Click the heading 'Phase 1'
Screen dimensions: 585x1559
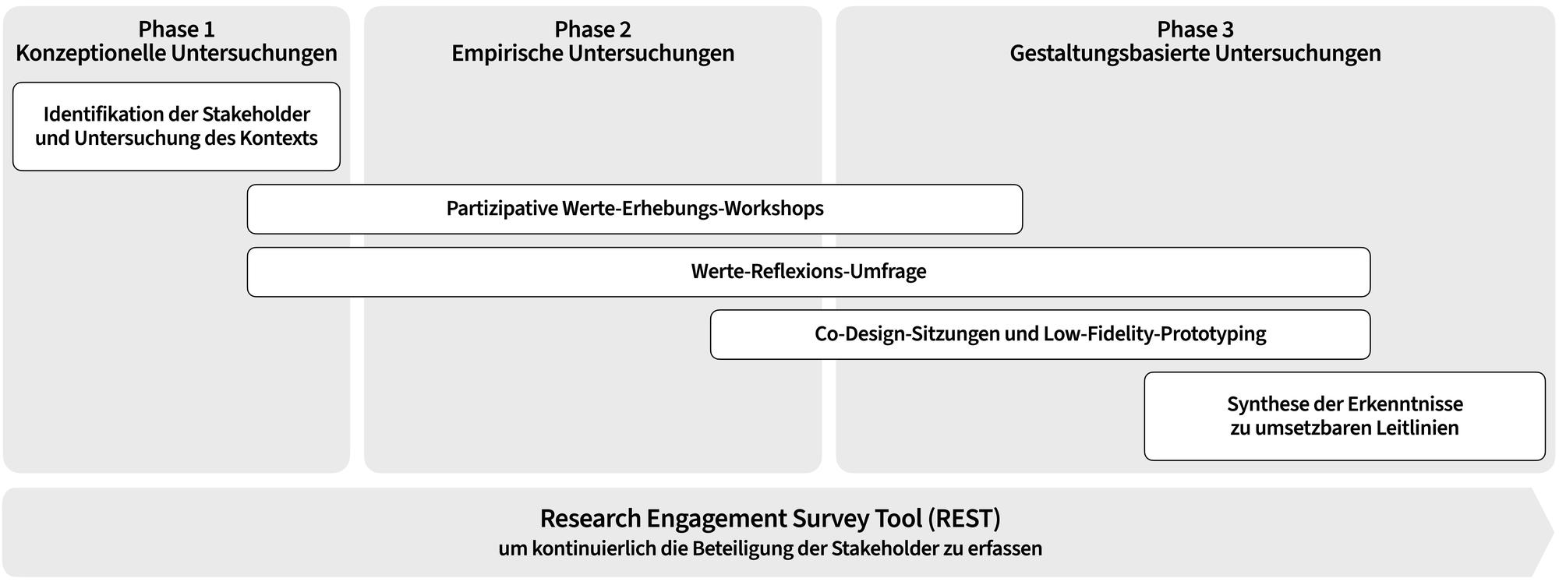click(x=176, y=30)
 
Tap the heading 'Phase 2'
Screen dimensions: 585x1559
click(x=592, y=30)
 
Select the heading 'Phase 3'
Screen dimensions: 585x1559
click(x=1195, y=30)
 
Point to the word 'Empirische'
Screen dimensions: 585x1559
click(x=507, y=54)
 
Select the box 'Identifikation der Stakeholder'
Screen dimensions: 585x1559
click(x=176, y=126)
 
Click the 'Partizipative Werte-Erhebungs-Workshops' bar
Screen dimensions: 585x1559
click(x=635, y=209)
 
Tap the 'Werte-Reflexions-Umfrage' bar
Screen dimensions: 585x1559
click(x=808, y=272)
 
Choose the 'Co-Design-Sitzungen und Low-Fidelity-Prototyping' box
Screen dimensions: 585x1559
click(x=1040, y=334)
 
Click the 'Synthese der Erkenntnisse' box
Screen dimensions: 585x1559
click(x=1345, y=416)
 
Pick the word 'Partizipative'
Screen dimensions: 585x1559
click(x=501, y=209)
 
